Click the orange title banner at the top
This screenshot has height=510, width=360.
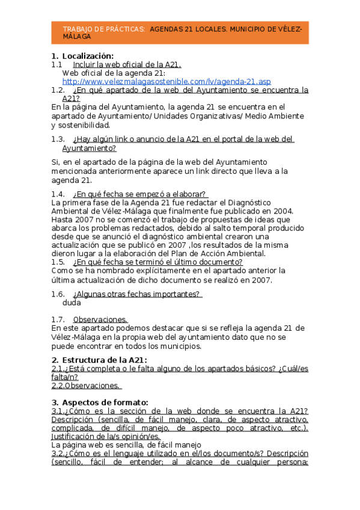pyautogui.click(x=180, y=32)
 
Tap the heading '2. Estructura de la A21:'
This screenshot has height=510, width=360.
pyautogui.click(x=99, y=360)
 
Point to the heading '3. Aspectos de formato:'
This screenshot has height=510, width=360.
pyautogui.click(x=99, y=402)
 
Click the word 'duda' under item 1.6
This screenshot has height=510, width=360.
pyautogui.click(x=72, y=303)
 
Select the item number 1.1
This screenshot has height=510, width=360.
pyautogui.click(x=57, y=64)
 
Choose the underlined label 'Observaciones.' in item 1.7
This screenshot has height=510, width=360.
pyautogui.click(x=100, y=319)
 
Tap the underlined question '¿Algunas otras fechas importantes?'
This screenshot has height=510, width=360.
pyautogui.click(x=136, y=294)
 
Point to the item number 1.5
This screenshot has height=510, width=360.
pyautogui.click(x=58, y=262)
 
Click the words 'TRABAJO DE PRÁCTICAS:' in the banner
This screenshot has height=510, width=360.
pyautogui.click(x=103, y=29)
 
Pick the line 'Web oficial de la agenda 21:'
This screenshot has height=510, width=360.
pyautogui.click(x=114, y=73)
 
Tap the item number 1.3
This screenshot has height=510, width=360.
pyautogui.click(x=58, y=140)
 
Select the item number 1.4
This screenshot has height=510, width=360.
pyautogui.click(x=58, y=194)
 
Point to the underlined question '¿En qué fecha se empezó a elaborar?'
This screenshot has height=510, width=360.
pyautogui.click(x=140, y=194)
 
